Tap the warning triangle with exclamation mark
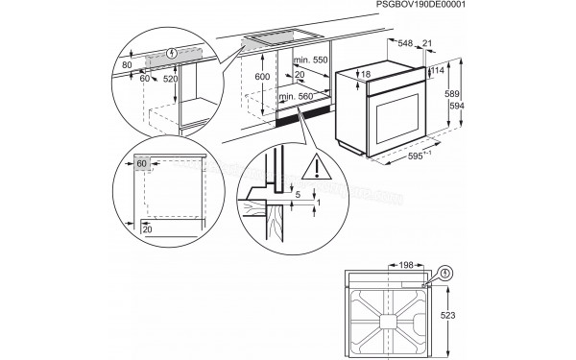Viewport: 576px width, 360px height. [315, 170]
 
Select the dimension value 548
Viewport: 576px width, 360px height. [407, 43]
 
